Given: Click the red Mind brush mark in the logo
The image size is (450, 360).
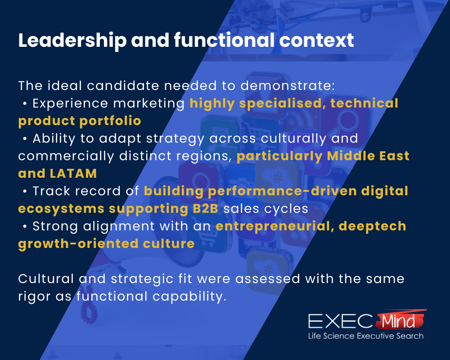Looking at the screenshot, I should click(x=399, y=320).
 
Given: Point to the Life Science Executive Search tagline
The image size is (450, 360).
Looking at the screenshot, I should click(x=365, y=336).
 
